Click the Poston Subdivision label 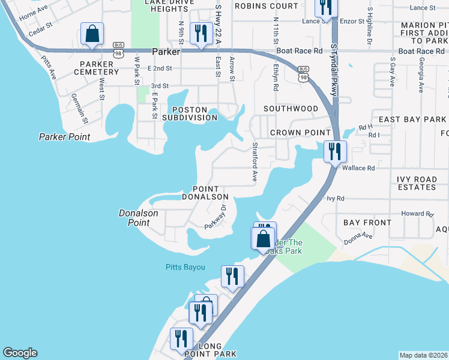[189, 113]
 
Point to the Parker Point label [64, 137]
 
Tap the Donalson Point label [138, 217]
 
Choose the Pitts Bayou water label [185, 267]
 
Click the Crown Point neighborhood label [300, 132]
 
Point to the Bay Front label [367, 223]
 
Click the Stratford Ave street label [255, 162]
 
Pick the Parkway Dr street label [215, 217]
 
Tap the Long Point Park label [202, 350]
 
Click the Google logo [20, 353]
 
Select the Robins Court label [265, 6]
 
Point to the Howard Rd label [417, 214]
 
